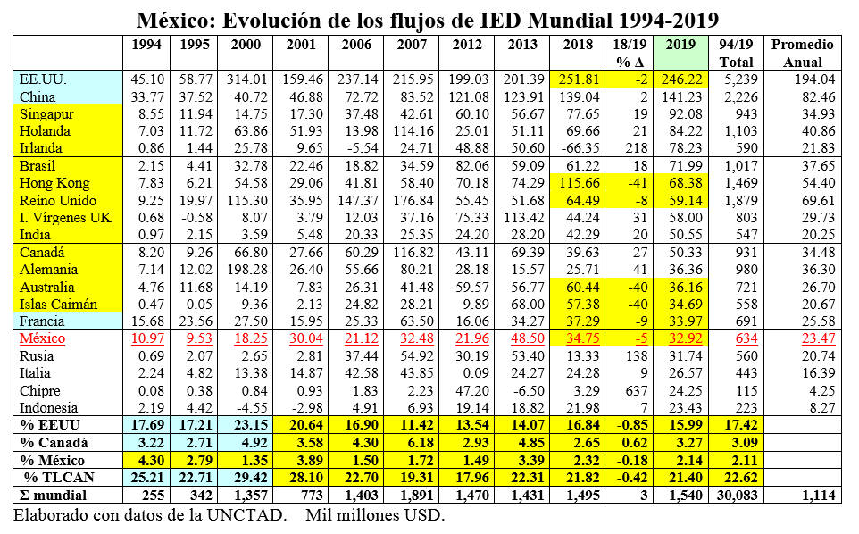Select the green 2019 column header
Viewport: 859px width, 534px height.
(680, 45)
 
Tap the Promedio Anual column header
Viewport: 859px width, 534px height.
(802, 54)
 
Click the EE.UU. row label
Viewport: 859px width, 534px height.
(42, 80)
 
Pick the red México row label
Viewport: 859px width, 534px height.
(44, 340)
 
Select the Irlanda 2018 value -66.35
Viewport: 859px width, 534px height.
(580, 149)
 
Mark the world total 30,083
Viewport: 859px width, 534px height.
(736, 496)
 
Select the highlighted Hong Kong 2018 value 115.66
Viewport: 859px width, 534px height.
(580, 184)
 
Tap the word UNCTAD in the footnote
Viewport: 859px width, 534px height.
(252, 516)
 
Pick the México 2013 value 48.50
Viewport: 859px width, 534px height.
(523, 340)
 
